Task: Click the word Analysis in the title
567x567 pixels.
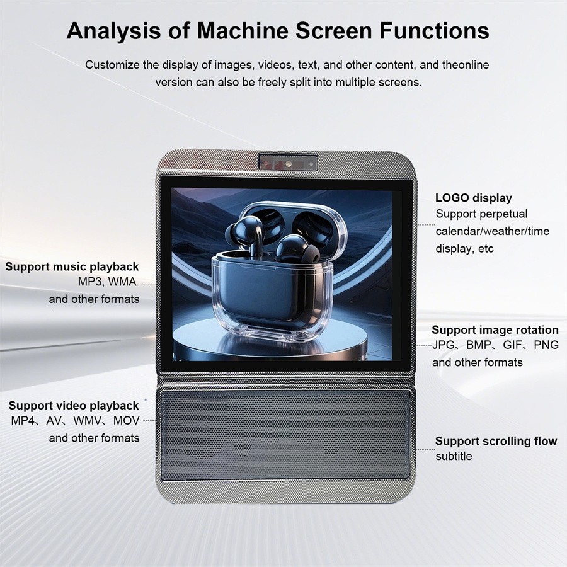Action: pyautogui.click(x=113, y=31)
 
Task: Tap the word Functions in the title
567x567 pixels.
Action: pyautogui.click(x=435, y=30)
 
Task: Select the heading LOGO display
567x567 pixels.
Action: pyautogui.click(x=474, y=198)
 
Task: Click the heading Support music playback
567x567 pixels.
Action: pyautogui.click(x=72, y=267)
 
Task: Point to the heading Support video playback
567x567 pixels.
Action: pyautogui.click(x=74, y=406)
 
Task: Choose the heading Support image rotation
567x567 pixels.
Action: pyautogui.click(x=495, y=330)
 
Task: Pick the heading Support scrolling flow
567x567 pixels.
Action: pyautogui.click(x=496, y=441)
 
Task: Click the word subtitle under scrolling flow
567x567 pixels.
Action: pyautogui.click(x=454, y=456)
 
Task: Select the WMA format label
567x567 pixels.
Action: pyautogui.click(x=122, y=282)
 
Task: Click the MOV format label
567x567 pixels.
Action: pyautogui.click(x=126, y=421)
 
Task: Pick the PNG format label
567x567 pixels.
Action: pyautogui.click(x=546, y=345)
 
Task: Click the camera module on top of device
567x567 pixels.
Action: pyautogui.click(x=288, y=163)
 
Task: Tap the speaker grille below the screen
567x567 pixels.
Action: pyautogui.click(x=286, y=435)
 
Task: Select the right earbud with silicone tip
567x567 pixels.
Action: pyautogui.click(x=297, y=249)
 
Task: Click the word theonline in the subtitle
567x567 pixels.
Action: pyautogui.click(x=466, y=65)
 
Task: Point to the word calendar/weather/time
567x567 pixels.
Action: pyautogui.click(x=493, y=231)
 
